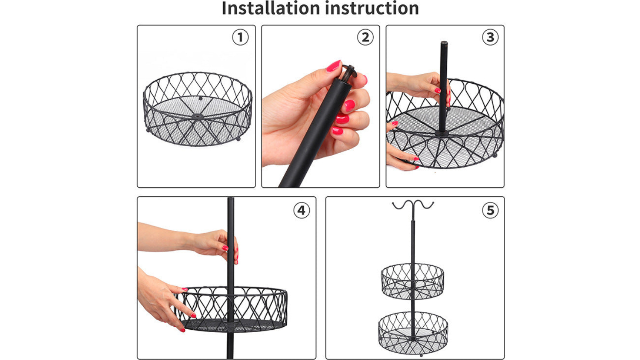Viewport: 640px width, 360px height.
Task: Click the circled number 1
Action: click(240, 38)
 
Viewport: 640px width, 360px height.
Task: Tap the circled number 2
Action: click(365, 38)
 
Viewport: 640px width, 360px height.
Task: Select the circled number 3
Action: click(490, 38)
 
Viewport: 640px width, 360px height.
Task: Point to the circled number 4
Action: click(301, 210)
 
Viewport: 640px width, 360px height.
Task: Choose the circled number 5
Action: click(490, 210)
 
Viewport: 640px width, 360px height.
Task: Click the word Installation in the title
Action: click(271, 8)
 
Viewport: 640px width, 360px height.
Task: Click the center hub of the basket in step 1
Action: click(198, 116)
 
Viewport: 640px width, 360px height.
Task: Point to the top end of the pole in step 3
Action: click(444, 43)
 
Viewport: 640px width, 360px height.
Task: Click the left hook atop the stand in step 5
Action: click(402, 204)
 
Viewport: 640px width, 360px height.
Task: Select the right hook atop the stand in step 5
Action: click(424, 204)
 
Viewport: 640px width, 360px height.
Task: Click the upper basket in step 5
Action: click(412, 281)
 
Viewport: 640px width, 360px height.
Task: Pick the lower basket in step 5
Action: click(413, 332)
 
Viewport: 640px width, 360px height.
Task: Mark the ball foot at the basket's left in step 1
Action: click(148, 130)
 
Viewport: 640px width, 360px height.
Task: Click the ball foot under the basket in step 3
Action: click(495, 155)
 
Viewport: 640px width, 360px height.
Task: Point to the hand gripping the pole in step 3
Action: click(419, 86)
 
